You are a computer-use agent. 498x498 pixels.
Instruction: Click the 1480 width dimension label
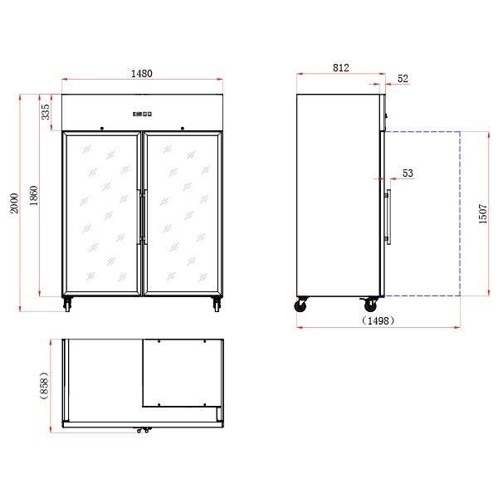pos(141,73)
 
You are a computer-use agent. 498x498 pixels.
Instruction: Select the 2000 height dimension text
pos(13,203)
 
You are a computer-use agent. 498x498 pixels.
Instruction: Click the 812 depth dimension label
pos(339,67)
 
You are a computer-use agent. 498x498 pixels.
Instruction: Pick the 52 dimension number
pos(403,79)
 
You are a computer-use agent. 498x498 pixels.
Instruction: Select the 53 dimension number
pos(408,173)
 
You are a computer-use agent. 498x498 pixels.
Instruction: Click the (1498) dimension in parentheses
pos(378,320)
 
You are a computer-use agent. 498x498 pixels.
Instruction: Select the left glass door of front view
pos(101,213)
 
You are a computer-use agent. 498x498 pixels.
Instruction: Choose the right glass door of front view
pos(183,213)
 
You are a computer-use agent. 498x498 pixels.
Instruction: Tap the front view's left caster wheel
pos(67,305)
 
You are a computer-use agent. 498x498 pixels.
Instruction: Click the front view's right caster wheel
pos(217,305)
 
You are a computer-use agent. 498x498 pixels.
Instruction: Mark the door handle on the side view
pos(388,217)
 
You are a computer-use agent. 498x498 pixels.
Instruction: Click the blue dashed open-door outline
pos(460,213)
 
